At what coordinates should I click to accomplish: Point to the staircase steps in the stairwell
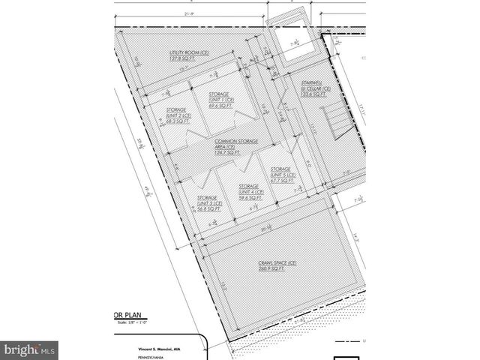pos(333,119)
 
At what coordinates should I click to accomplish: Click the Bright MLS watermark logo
pos(29,349)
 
